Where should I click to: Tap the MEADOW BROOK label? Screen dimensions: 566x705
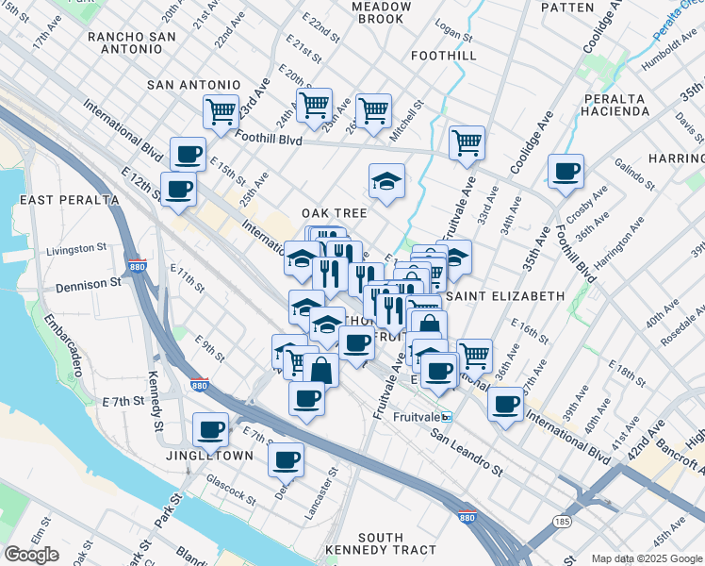[382, 12]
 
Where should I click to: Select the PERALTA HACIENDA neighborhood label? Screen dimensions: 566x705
[617, 105]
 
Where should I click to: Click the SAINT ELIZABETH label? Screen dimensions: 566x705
[504, 295]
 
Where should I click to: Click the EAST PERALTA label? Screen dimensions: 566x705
[63, 200]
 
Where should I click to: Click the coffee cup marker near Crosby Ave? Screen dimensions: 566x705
[566, 171]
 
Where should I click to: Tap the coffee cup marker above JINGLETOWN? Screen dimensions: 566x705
[210, 429]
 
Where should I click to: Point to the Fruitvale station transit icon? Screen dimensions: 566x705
[447, 416]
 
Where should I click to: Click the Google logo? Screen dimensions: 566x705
[32, 555]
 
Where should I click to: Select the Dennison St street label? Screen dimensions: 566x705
[90, 281]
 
